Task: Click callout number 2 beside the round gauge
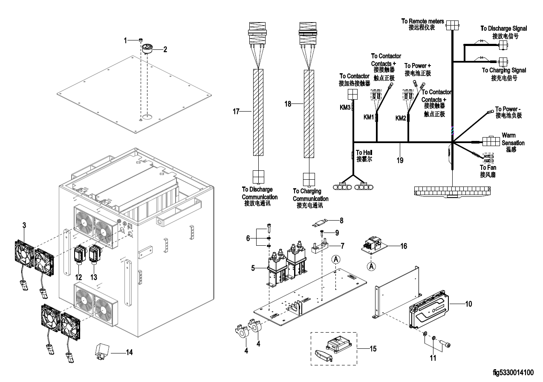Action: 165,49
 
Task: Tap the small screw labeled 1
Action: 141,40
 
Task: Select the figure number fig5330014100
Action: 513,373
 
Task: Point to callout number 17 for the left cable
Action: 236,112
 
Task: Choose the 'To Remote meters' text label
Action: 423,21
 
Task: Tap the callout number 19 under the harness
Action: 400,161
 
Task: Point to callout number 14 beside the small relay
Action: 129,352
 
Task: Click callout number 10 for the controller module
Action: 468,304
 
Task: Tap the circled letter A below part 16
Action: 371,266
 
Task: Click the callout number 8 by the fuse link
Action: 341,221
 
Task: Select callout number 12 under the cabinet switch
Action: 79,277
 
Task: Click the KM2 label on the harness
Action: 401,118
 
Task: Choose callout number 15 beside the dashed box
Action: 373,349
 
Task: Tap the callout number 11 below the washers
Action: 433,358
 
